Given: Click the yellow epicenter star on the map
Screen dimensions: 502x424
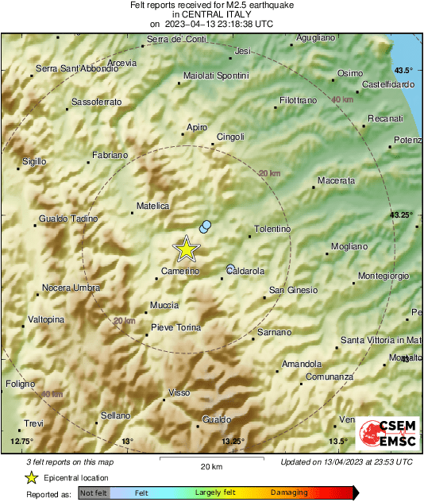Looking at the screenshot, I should (187, 249).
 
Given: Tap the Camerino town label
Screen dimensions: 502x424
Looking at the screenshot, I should (180, 272).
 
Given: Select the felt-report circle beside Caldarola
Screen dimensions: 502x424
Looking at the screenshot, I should (230, 268).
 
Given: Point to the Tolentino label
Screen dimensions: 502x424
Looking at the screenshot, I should (272, 230).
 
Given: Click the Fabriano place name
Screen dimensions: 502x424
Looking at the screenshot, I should (110, 154).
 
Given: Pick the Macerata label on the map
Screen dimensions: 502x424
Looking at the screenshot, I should (336, 181).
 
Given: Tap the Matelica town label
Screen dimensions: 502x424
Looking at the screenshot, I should (153, 206).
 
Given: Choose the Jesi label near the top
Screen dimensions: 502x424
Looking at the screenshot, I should (243, 51).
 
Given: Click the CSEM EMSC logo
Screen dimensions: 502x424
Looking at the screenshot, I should (387, 434).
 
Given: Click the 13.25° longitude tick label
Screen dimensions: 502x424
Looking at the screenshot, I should (233, 441).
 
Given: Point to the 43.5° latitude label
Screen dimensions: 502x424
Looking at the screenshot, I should (405, 70).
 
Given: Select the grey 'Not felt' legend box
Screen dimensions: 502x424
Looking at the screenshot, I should (94, 493).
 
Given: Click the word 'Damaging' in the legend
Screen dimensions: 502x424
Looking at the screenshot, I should (289, 493).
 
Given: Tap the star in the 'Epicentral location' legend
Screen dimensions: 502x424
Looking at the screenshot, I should (31, 477).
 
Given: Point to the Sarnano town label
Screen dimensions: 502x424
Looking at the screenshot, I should (275, 332).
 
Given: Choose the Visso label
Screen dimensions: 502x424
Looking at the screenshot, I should (179, 393).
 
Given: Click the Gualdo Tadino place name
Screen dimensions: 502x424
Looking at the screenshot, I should (63, 218).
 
